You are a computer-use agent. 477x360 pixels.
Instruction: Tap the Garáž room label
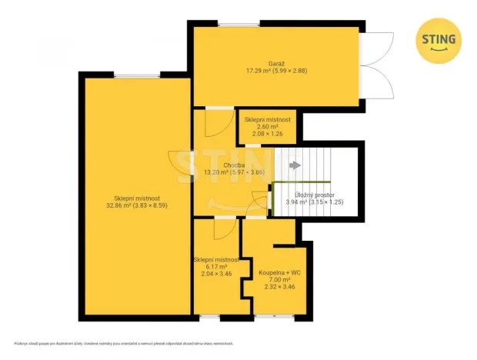click(276, 62)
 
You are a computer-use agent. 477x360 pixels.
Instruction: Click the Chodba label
click(234, 165)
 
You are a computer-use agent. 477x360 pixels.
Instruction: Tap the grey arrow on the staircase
click(294, 165)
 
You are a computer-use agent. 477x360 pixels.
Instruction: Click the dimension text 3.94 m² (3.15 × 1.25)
click(313, 203)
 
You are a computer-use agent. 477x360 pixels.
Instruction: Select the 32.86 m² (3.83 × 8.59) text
click(136, 205)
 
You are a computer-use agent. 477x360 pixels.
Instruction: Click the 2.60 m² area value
click(268, 127)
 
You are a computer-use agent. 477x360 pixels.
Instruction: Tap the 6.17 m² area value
click(216, 267)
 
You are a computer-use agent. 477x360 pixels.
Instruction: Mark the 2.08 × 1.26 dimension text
click(268, 134)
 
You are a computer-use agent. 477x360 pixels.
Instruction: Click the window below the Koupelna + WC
click(269, 317)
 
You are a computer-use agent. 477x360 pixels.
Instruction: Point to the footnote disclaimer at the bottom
click(123, 344)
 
